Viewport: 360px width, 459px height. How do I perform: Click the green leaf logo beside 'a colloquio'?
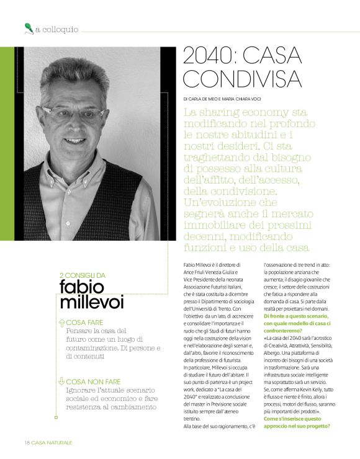(28, 28)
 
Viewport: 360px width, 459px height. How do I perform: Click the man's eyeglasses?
(81, 112)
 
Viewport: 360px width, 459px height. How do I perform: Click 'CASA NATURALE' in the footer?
(52, 442)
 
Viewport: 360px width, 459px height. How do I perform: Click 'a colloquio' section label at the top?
(56, 29)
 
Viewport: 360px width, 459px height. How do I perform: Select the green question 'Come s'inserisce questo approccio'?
(297, 422)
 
